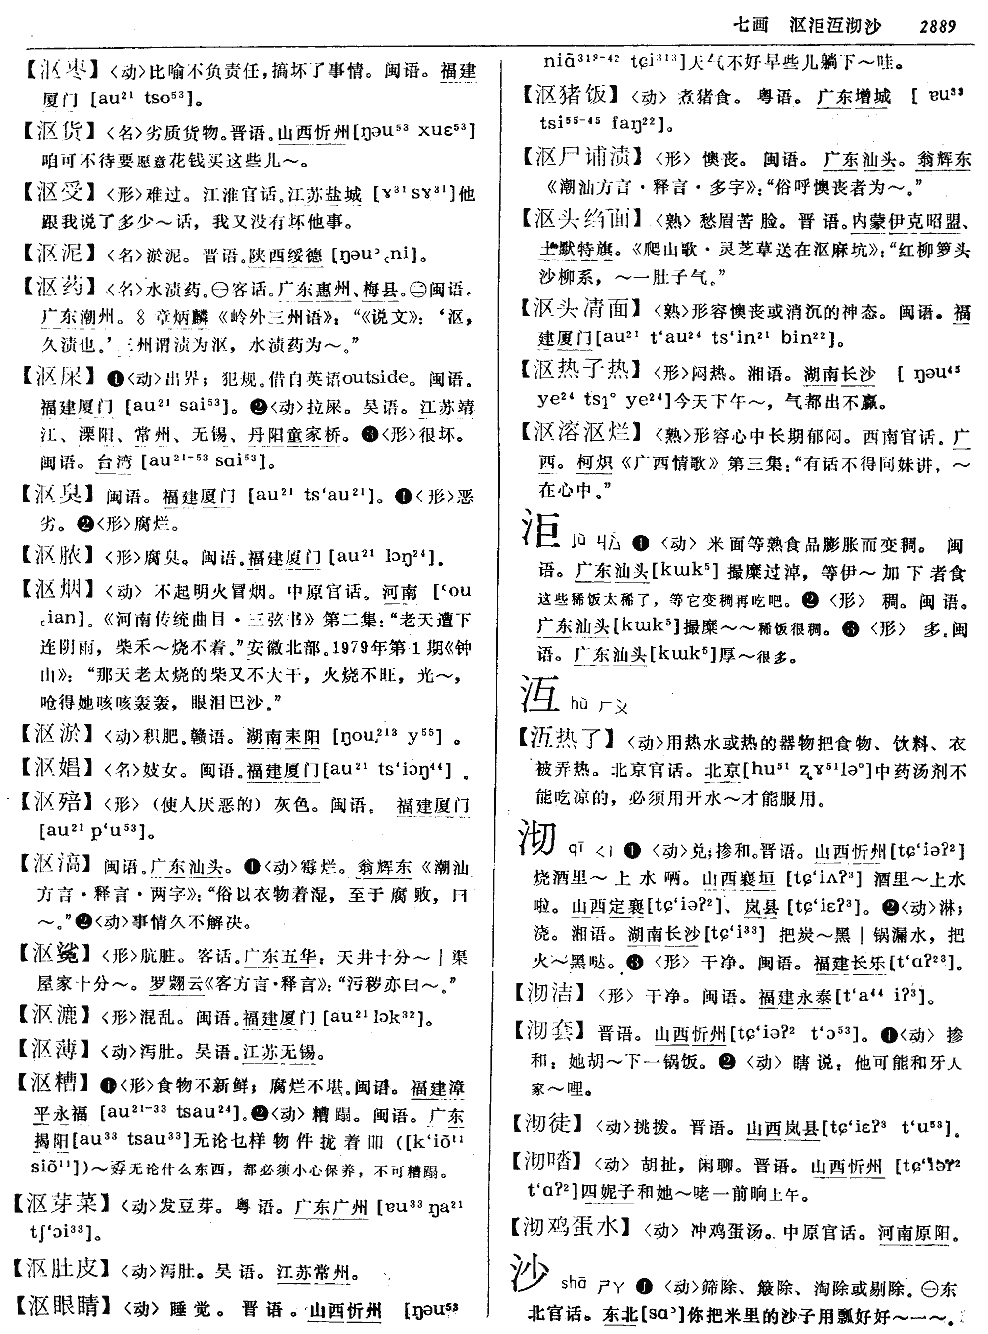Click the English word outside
375,378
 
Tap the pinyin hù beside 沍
579,704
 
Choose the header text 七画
750,26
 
